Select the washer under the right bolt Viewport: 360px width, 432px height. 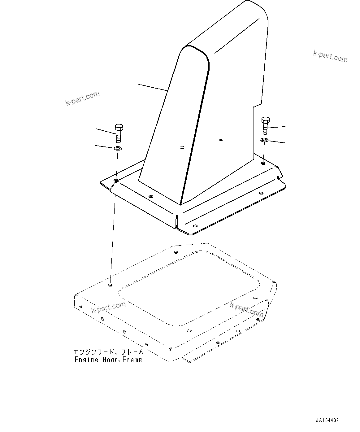pos(264,140)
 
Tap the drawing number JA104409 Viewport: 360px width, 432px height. pos(327,421)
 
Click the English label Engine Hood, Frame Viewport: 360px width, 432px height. pos(108,360)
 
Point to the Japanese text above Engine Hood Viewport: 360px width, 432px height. pos(108,352)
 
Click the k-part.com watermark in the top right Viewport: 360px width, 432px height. pos(330,56)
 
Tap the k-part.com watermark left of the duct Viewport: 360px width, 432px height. pos(83,98)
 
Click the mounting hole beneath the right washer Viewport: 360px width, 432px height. pos(263,163)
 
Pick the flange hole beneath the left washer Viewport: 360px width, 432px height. pos(116,180)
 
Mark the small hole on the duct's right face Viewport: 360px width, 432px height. pos(220,140)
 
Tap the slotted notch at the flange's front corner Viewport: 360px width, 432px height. pos(176,222)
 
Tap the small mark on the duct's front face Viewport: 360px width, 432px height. pos(182,147)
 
